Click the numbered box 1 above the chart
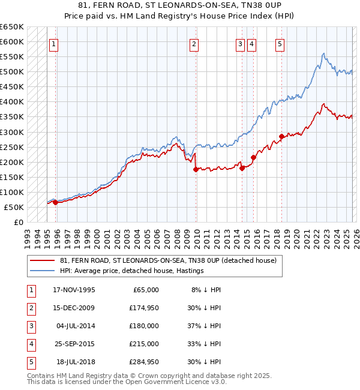[x=54, y=43]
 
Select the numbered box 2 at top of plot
[x=194, y=43]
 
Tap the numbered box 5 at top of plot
[x=280, y=43]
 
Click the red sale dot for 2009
[x=196, y=170]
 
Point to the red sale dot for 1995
[x=55, y=203]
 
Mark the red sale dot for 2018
[x=281, y=136]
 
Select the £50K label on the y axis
[x=14, y=207]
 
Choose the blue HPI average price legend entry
[x=132, y=271]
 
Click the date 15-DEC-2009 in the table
[x=74, y=308]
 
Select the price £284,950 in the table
[x=142, y=362]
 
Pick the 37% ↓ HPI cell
[x=205, y=326]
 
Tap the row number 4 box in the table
[x=29, y=344]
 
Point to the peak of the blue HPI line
[x=323, y=54]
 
